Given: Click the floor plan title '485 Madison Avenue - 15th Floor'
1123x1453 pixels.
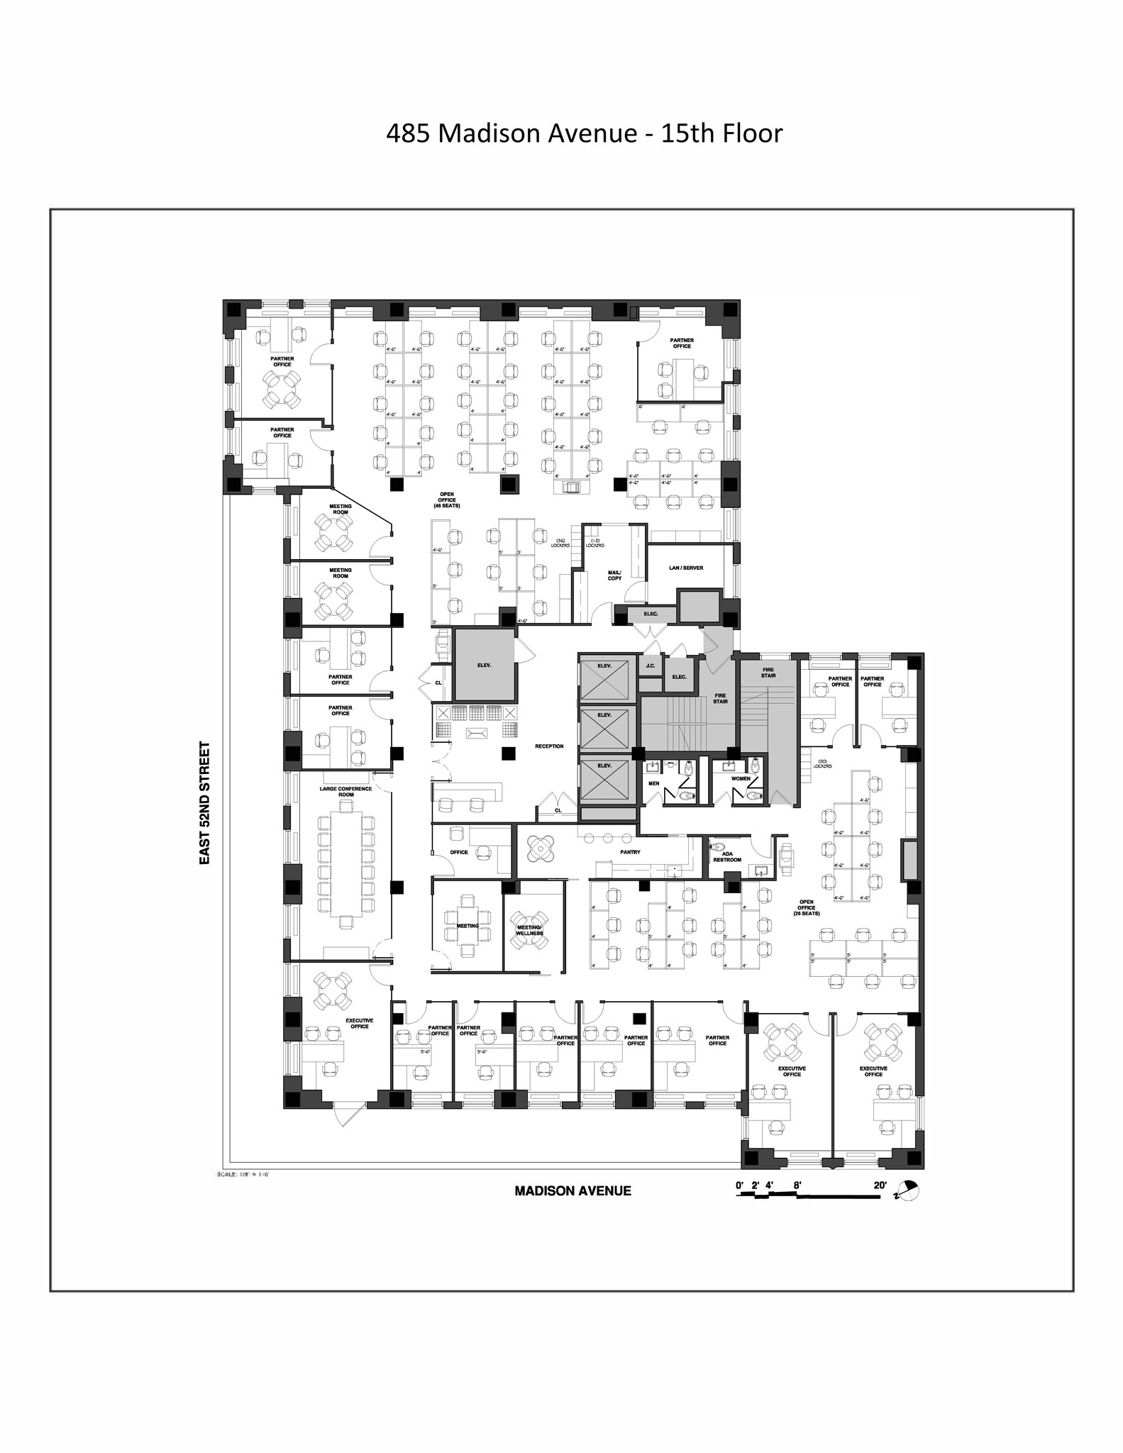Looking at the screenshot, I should tap(584, 133).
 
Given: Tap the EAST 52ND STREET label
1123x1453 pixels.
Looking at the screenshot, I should tap(205, 802).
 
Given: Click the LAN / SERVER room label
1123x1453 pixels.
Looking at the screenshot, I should tap(686, 568).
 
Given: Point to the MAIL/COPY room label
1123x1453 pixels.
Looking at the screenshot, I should tap(614, 575).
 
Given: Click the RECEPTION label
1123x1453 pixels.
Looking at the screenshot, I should tap(549, 746).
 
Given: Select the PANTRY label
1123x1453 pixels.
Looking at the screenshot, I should tap(630, 851).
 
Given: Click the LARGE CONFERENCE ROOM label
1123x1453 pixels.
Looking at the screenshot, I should tap(345, 791).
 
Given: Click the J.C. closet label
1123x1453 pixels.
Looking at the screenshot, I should tap(650, 666).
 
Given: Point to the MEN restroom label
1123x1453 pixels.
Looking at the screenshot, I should tap(654, 784).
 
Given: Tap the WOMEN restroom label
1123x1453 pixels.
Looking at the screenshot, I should tap(741, 778).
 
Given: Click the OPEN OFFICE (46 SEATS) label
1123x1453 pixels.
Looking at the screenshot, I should tap(447, 499).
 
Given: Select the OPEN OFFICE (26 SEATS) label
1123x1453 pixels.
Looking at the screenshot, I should tap(807, 907).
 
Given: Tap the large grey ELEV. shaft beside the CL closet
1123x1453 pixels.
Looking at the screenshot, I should tap(484, 665).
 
